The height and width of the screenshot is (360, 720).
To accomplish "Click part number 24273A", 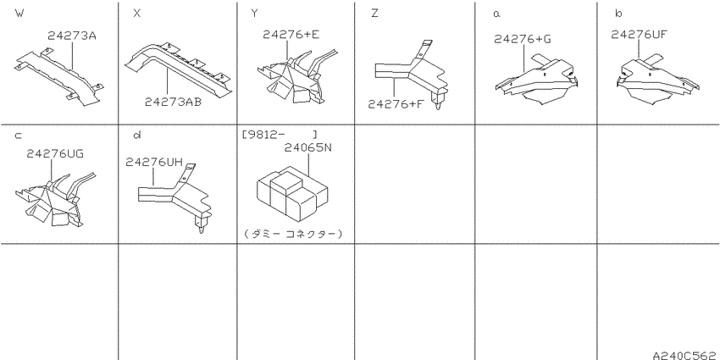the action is coord(72,36).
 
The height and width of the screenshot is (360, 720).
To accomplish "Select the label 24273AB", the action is coord(173,102).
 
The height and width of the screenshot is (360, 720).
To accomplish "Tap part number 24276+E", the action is coord(291,35).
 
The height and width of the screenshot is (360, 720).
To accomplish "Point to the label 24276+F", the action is coord(396,104).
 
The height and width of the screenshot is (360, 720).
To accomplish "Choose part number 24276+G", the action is coord(523,39).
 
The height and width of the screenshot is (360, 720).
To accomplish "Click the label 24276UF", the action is coord(639,34).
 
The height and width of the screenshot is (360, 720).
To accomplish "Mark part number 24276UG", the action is coord(55,154).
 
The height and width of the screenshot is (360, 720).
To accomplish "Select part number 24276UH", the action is coord(154,162).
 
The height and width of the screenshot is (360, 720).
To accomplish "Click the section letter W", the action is coord(19,14).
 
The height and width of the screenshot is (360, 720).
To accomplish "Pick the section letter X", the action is coord(137,14).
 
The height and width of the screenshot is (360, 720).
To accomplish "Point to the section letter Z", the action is coord(374,14).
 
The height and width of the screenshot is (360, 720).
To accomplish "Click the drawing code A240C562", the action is coord(686,355).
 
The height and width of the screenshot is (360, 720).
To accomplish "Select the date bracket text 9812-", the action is coord(263,135).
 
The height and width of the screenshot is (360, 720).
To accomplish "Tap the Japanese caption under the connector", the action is coord(294,234).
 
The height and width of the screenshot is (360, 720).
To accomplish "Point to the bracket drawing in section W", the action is coord(58,77).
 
